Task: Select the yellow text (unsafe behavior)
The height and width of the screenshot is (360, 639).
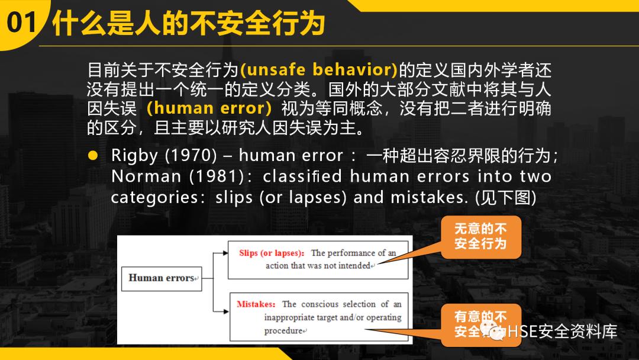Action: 319,70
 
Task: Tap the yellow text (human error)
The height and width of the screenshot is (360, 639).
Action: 209,108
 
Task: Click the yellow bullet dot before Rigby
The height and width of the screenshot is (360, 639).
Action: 92,156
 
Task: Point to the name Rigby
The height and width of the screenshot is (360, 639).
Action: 135,156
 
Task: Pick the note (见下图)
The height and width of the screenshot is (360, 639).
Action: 506,197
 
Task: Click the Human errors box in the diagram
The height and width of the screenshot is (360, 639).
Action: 162,278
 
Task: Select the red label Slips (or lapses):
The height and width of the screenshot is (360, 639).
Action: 272,253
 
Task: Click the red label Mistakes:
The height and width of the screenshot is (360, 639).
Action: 256,304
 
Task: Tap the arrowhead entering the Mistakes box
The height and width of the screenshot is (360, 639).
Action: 226,311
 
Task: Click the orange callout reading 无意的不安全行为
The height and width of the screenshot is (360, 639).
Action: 480,236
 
